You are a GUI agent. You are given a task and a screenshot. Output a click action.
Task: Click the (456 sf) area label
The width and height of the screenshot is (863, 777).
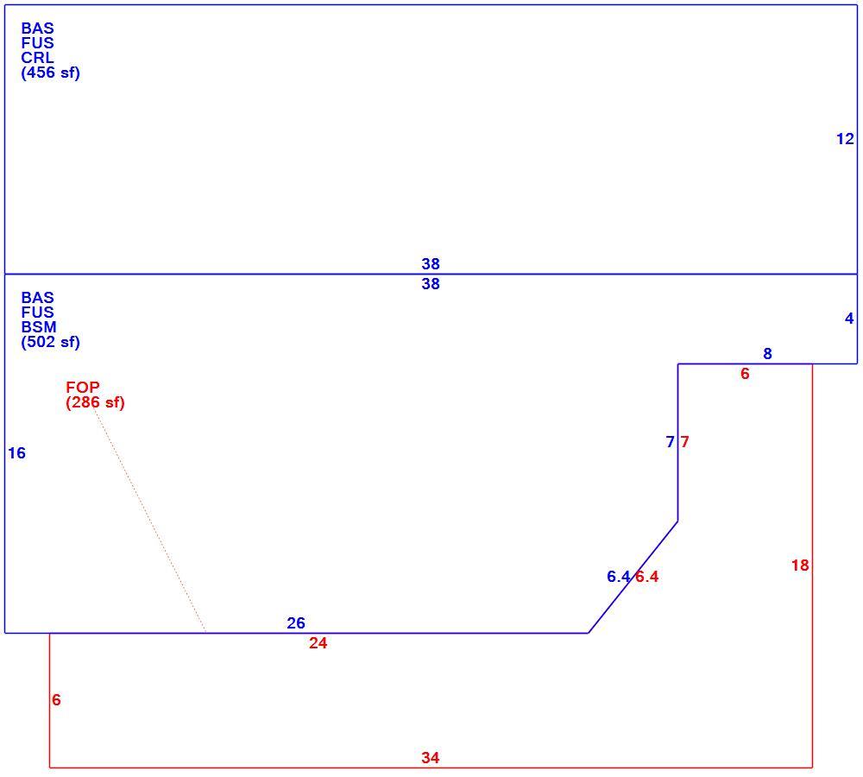[51, 73]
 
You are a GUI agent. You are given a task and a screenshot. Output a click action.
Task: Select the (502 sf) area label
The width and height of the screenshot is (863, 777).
[51, 342]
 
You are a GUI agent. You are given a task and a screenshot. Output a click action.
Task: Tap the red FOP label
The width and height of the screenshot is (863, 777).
[83, 387]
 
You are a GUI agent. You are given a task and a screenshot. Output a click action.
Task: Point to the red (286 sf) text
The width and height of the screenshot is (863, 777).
[95, 402]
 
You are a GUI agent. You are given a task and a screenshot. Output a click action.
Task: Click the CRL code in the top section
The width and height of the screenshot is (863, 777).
[37, 58]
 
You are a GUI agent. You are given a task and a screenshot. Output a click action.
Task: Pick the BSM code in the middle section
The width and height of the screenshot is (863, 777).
[39, 327]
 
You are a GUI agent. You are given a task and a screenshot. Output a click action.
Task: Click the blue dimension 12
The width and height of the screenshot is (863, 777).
[845, 139]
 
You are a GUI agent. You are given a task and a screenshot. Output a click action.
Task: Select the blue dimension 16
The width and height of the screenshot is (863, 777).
[16, 453]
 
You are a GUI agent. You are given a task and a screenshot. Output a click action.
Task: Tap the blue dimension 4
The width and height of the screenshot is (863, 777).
[849, 319]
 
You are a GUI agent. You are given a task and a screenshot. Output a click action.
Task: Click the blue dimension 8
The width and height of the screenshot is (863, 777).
[767, 353]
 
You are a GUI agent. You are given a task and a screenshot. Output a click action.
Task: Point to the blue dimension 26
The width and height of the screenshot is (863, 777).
[295, 622]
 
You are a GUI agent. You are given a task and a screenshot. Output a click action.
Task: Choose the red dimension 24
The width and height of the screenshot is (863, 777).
[318, 643]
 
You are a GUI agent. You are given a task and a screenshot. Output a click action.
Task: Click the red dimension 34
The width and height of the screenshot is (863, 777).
[431, 758]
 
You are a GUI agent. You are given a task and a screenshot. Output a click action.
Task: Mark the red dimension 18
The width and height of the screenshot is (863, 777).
[800, 565]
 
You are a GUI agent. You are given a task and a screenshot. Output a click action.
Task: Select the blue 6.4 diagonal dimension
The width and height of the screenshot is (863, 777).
[618, 577]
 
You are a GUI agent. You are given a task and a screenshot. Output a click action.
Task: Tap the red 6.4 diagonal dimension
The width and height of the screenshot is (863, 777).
[647, 577]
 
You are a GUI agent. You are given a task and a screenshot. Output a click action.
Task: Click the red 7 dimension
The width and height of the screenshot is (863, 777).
[684, 442]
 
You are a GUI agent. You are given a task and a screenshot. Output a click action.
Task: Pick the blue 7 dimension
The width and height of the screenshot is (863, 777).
[670, 442]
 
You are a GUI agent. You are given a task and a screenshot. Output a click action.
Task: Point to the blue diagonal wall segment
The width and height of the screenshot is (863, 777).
[633, 577]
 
